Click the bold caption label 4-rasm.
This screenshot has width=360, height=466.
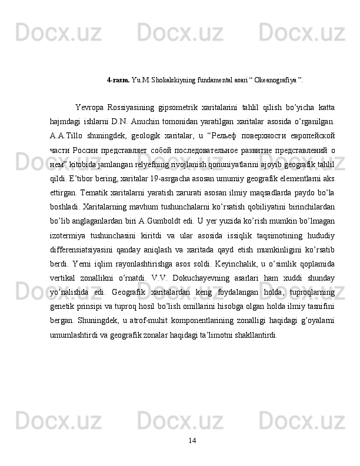[x=118, y=78]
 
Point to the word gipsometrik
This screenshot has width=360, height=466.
[x=178, y=107]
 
